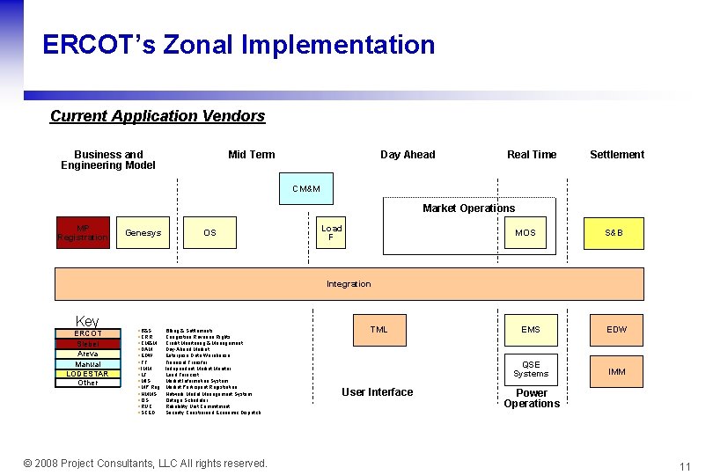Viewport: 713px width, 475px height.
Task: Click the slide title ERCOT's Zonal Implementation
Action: click(239, 45)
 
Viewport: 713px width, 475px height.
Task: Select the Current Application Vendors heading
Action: click(158, 116)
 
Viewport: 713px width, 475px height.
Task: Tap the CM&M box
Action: click(306, 189)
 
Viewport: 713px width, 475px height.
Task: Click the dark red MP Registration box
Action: click(83, 233)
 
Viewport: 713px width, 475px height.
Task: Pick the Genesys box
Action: click(143, 233)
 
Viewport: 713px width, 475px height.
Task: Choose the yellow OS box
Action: click(209, 233)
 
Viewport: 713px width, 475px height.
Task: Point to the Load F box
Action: click(332, 232)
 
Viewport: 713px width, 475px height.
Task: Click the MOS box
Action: click(525, 233)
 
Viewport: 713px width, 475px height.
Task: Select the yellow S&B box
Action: click(614, 233)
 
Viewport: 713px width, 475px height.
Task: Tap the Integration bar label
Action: click(349, 284)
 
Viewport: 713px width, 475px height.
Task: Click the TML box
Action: click(379, 330)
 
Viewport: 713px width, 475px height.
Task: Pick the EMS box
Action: click(531, 330)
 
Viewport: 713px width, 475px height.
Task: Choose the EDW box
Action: click(617, 330)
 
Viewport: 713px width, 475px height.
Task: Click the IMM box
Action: click(617, 372)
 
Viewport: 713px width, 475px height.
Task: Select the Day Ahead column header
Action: click(408, 155)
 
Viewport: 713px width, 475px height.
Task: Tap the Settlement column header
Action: click(617, 155)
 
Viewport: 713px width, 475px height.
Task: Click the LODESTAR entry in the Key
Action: click(88, 374)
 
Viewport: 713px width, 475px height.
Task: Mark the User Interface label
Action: click(377, 392)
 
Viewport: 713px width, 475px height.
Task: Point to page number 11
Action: click(685, 465)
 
